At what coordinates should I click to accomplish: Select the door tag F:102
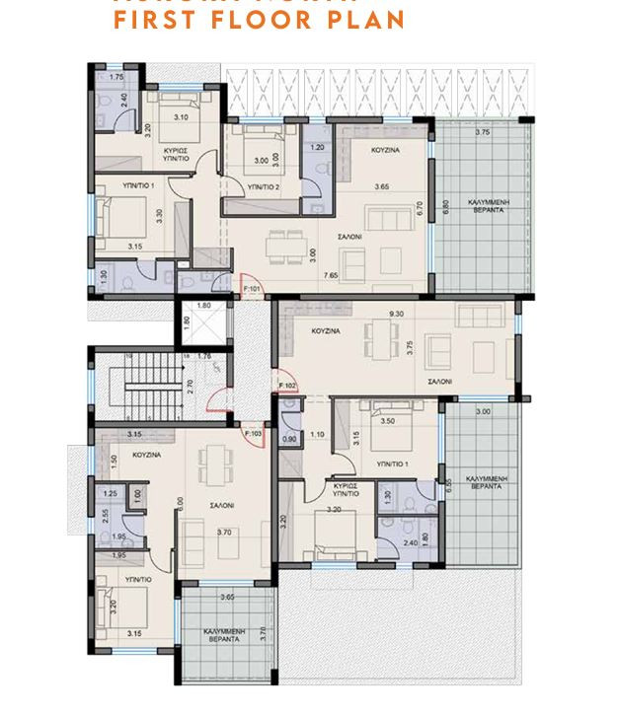click(x=287, y=385)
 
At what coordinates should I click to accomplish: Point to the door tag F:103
click(x=252, y=433)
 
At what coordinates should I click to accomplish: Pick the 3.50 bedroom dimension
click(x=388, y=421)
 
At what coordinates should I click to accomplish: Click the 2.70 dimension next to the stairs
click(x=191, y=389)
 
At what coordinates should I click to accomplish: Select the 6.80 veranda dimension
click(x=446, y=208)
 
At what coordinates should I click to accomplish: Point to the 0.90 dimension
click(x=289, y=439)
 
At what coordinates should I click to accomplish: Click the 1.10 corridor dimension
click(x=318, y=435)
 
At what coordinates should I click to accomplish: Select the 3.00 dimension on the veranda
click(x=483, y=411)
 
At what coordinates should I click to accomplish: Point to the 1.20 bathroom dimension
click(x=317, y=148)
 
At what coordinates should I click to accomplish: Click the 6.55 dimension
click(x=449, y=485)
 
